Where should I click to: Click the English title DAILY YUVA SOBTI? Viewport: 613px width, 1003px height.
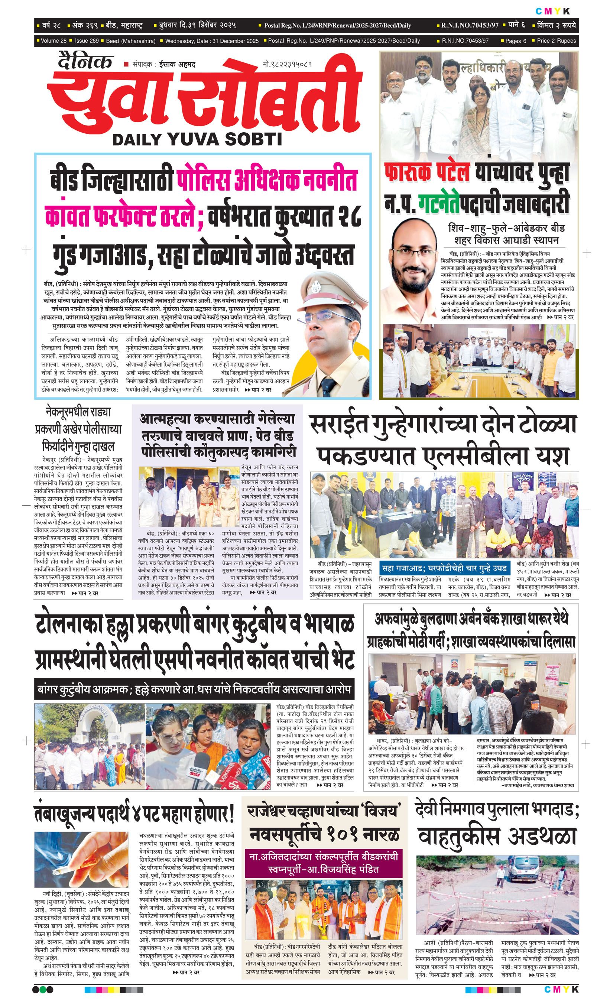point(197,140)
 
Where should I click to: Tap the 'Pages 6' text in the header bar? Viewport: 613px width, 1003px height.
point(515,41)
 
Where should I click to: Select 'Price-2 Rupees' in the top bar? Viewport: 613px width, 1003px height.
point(556,41)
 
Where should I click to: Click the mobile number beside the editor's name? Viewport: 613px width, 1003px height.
point(287,64)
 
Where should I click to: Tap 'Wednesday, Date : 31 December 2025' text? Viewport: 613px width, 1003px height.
point(212,41)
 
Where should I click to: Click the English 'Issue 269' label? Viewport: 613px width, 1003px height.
point(87,41)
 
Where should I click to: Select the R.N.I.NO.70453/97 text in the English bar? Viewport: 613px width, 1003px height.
point(465,41)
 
